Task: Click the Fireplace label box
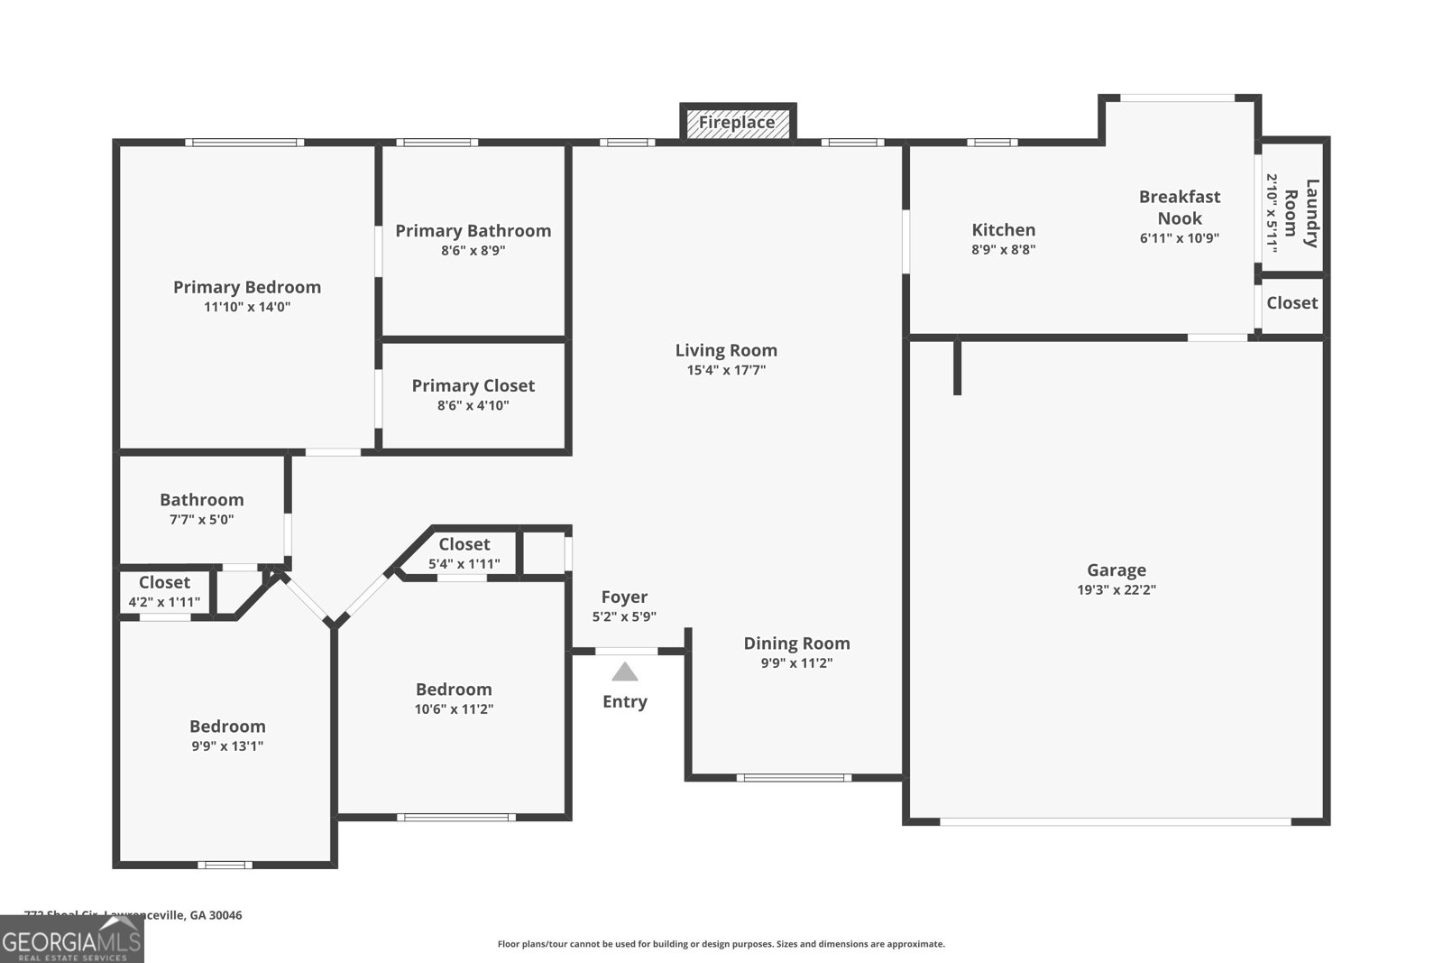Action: pyautogui.click(x=737, y=122)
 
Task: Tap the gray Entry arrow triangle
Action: pyautogui.click(x=624, y=672)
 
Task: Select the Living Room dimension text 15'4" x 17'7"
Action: pyautogui.click(x=726, y=370)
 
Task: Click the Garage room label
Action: pyautogui.click(x=1116, y=569)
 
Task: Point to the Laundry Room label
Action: pyautogui.click(x=1300, y=213)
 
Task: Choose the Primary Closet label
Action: pyautogui.click(x=473, y=385)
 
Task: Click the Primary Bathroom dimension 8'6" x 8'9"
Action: pyautogui.click(x=473, y=251)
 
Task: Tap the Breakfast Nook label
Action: pyautogui.click(x=1179, y=207)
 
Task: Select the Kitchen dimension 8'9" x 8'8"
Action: pyautogui.click(x=1003, y=250)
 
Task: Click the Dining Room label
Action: pyautogui.click(x=796, y=643)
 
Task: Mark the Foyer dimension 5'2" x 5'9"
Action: pyautogui.click(x=624, y=617)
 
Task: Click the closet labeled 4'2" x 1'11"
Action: pyautogui.click(x=164, y=592)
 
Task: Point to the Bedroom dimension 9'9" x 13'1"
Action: pyautogui.click(x=227, y=746)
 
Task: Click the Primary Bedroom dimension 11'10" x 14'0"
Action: pyautogui.click(x=247, y=307)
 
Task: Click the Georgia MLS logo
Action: pyautogui.click(x=71, y=940)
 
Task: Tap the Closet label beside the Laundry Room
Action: pyautogui.click(x=1291, y=303)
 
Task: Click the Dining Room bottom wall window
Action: pyautogui.click(x=794, y=777)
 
